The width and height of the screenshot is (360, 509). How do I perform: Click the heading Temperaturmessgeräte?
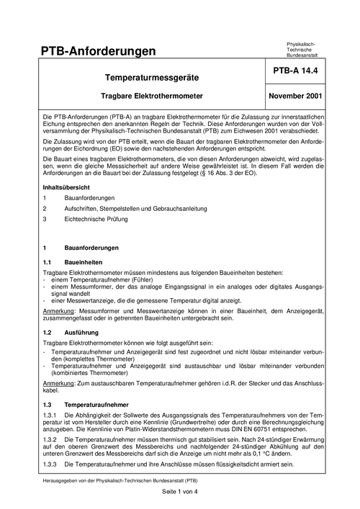tap(152, 76)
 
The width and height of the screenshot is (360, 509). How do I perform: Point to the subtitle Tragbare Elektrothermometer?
tap(152, 95)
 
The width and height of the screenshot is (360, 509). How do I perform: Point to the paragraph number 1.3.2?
tap(51, 439)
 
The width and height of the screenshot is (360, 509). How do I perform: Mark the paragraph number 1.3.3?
tap(51, 464)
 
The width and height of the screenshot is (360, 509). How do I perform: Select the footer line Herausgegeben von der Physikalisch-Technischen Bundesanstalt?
tap(120, 478)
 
